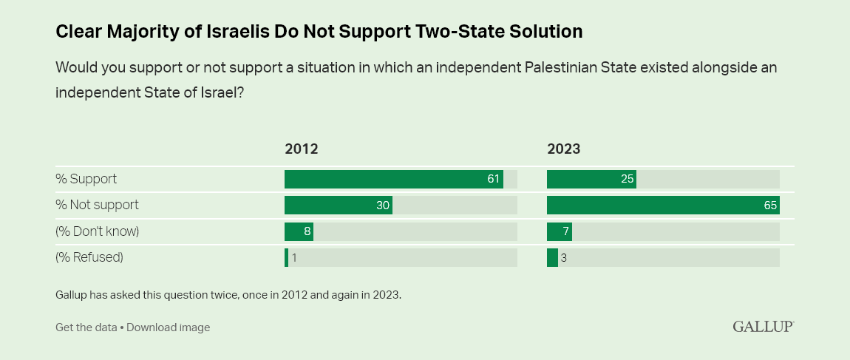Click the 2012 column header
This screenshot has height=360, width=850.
301,149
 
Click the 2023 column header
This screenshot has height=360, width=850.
563,149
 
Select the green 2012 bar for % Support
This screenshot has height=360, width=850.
393,179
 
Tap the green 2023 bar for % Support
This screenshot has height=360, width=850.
591,179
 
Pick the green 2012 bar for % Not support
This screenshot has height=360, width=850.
338,205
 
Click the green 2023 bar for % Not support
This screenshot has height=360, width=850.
663,205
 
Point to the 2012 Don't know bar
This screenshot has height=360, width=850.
299,231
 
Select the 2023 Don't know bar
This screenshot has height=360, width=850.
559,231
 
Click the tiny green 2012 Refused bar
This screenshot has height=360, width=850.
286,257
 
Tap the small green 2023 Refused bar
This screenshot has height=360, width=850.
552,257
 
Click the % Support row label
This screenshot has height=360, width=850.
86,179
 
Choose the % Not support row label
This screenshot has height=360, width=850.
97,205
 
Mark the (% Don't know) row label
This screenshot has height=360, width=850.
98,231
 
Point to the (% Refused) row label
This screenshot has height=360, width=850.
89,257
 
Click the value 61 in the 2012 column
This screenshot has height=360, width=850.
494,179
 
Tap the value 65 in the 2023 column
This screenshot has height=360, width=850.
770,205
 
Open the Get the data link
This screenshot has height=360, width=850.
86,327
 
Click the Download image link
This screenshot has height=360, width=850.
169,327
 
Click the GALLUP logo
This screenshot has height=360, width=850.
763,326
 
